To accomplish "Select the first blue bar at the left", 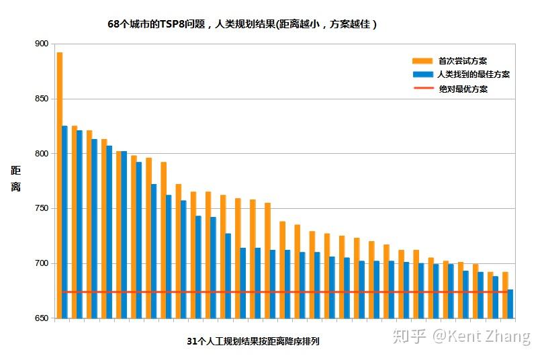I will point(64,222).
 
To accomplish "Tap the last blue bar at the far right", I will point(510,304).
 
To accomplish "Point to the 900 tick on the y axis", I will point(42,44).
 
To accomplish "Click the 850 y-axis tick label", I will point(42,99).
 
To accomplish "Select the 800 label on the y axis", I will point(42,154).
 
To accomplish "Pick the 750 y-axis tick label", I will point(42,208).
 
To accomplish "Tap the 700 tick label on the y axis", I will point(42,263).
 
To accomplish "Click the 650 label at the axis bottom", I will point(42,318).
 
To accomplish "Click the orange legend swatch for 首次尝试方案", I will point(422,60).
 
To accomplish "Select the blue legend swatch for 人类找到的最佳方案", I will point(422,75).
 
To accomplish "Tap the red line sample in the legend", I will point(422,89).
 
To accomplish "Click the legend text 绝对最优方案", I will point(463,89).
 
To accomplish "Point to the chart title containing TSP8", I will point(242,24).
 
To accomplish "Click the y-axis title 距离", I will point(15,179).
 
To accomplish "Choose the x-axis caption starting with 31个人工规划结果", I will point(253,341).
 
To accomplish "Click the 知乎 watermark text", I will point(409,336).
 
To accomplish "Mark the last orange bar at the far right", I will point(505,295).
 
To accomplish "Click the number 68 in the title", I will point(114,24).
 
